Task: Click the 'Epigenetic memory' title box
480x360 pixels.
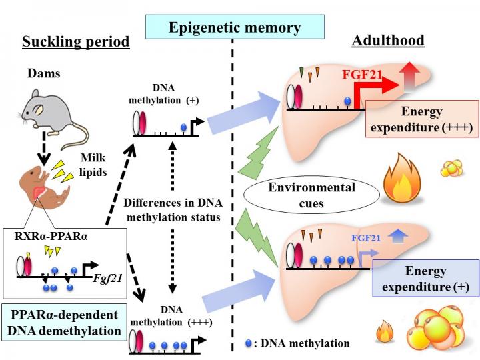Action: pos(235,27)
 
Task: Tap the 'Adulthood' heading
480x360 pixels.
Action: pos(387,41)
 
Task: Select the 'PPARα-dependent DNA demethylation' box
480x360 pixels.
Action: pos(64,322)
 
